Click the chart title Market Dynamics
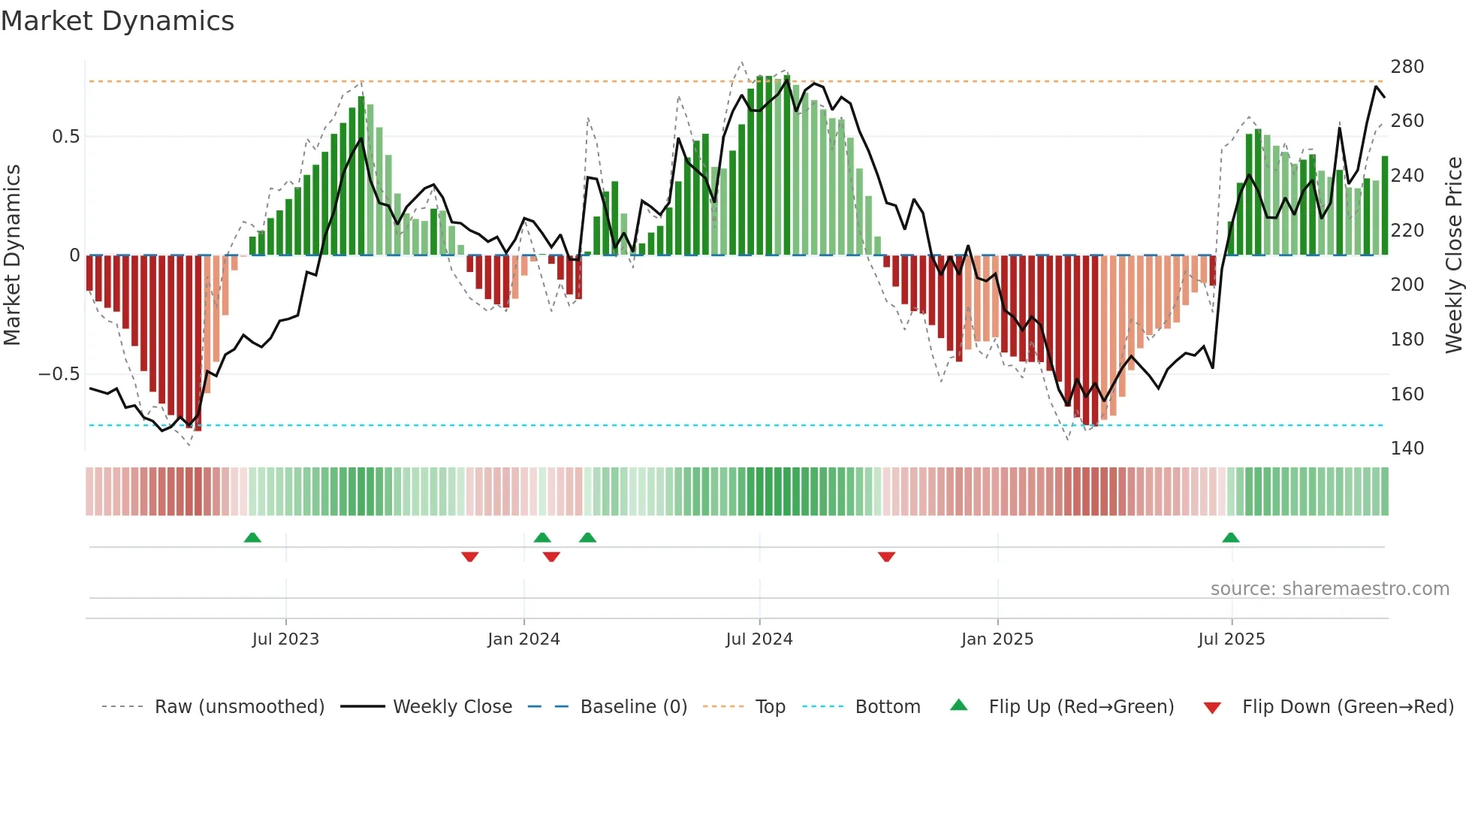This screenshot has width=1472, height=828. tap(117, 21)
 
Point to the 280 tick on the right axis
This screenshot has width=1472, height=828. tap(1407, 67)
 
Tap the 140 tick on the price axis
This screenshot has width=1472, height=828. tap(1407, 449)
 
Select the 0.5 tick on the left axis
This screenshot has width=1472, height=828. tap(65, 137)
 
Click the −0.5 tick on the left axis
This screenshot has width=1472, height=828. tap(59, 374)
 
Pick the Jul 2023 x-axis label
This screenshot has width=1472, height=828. tap(285, 639)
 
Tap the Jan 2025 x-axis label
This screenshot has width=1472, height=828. tap(997, 639)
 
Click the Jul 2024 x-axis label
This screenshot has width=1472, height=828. tap(759, 639)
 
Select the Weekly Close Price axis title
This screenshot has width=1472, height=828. tap(1454, 255)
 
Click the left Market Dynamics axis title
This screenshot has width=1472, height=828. tap(12, 255)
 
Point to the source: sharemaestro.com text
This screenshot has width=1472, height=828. tap(1329, 589)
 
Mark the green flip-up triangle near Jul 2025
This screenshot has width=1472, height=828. tap(1230, 538)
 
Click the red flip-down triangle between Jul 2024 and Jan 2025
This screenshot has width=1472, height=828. tap(886, 557)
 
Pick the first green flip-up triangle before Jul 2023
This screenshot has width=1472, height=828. tap(252, 538)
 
